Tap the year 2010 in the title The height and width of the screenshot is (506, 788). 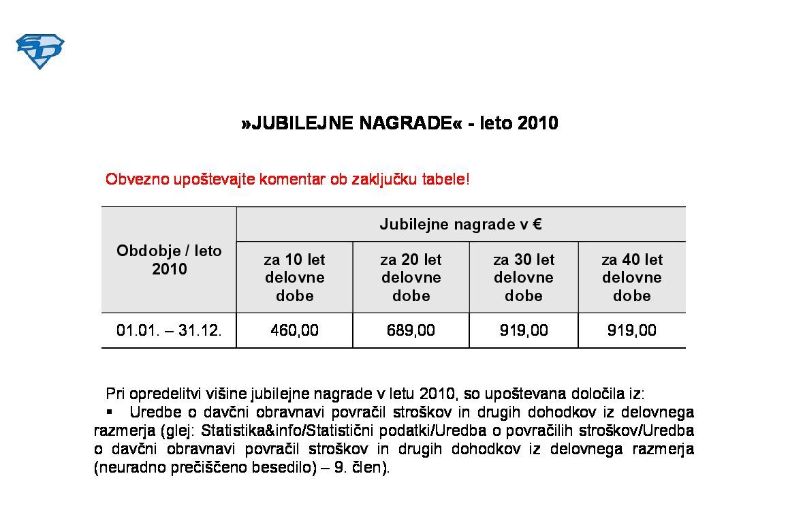[538, 123]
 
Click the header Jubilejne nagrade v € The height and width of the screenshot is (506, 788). [460, 224]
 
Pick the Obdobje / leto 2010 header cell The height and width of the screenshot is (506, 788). [169, 259]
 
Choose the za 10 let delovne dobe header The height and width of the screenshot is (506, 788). [294, 277]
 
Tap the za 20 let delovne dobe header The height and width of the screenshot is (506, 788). [411, 277]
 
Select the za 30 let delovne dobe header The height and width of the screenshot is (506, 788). [523, 277]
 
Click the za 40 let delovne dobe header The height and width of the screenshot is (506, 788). [631, 277]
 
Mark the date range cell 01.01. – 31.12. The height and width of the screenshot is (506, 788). [169, 331]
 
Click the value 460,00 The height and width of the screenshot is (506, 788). [294, 331]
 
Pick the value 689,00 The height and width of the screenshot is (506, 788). [411, 331]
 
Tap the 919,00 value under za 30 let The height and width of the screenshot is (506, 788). [523, 331]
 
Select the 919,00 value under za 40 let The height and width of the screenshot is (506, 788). [631, 331]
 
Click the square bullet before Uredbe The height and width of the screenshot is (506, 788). [109, 412]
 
